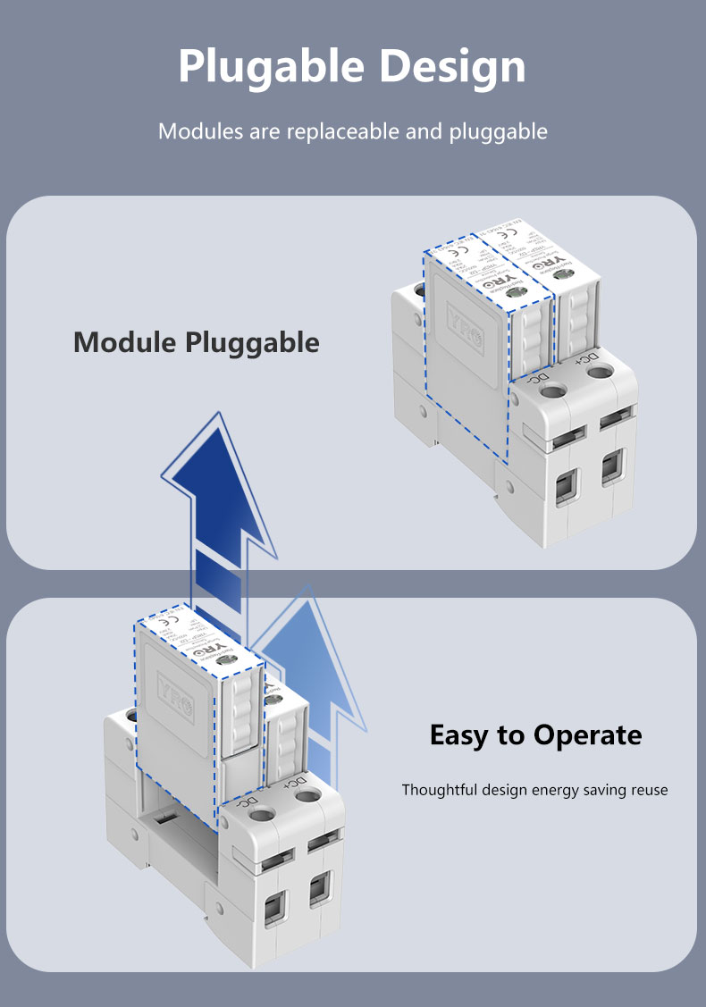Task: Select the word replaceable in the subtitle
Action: tap(344, 131)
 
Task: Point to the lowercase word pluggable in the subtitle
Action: tap(499, 132)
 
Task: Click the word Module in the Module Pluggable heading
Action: tap(126, 341)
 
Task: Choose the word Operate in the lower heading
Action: tap(587, 735)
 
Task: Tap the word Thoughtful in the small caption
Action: tap(440, 790)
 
